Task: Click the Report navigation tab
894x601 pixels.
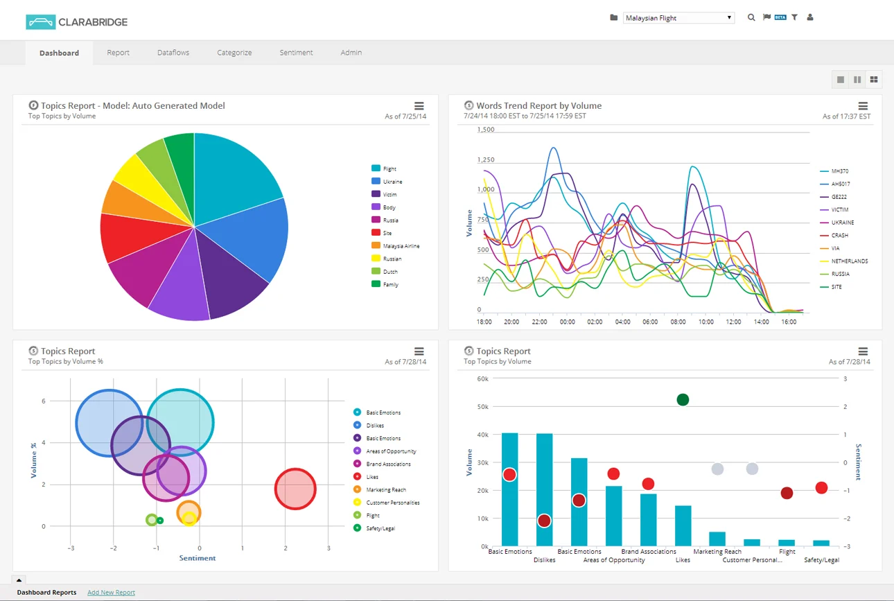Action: (118, 53)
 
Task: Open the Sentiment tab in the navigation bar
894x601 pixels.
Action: (296, 53)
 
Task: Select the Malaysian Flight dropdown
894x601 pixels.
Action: (678, 18)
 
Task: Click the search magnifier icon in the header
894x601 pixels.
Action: (751, 18)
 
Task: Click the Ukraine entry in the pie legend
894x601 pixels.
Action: (392, 182)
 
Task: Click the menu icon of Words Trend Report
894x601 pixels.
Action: (863, 106)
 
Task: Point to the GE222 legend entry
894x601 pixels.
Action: (840, 197)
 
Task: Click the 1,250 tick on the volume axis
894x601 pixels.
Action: (486, 160)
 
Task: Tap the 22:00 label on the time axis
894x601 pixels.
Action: (539, 322)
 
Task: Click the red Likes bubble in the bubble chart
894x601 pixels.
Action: (295, 489)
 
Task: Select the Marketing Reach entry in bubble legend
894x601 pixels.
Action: (386, 490)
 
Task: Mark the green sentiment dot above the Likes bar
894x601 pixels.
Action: (683, 399)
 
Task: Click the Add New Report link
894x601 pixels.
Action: (111, 593)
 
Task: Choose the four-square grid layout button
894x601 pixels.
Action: (874, 80)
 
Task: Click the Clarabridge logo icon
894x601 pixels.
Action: (40, 22)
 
